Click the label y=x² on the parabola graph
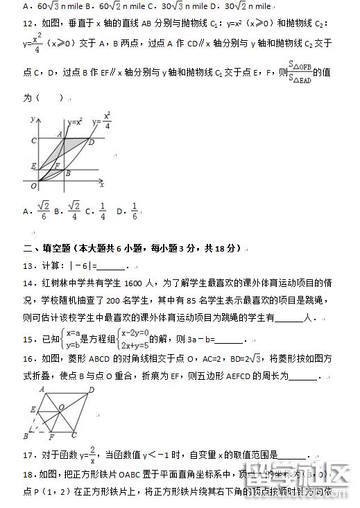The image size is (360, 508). (x=75, y=122)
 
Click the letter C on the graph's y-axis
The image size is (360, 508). (x=33, y=140)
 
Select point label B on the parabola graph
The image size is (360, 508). (x=68, y=173)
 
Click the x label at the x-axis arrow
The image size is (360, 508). (x=101, y=186)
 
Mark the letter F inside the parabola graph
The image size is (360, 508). (x=57, y=164)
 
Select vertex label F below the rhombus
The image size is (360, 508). (x=52, y=438)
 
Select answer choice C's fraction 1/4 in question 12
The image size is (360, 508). (x=101, y=210)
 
